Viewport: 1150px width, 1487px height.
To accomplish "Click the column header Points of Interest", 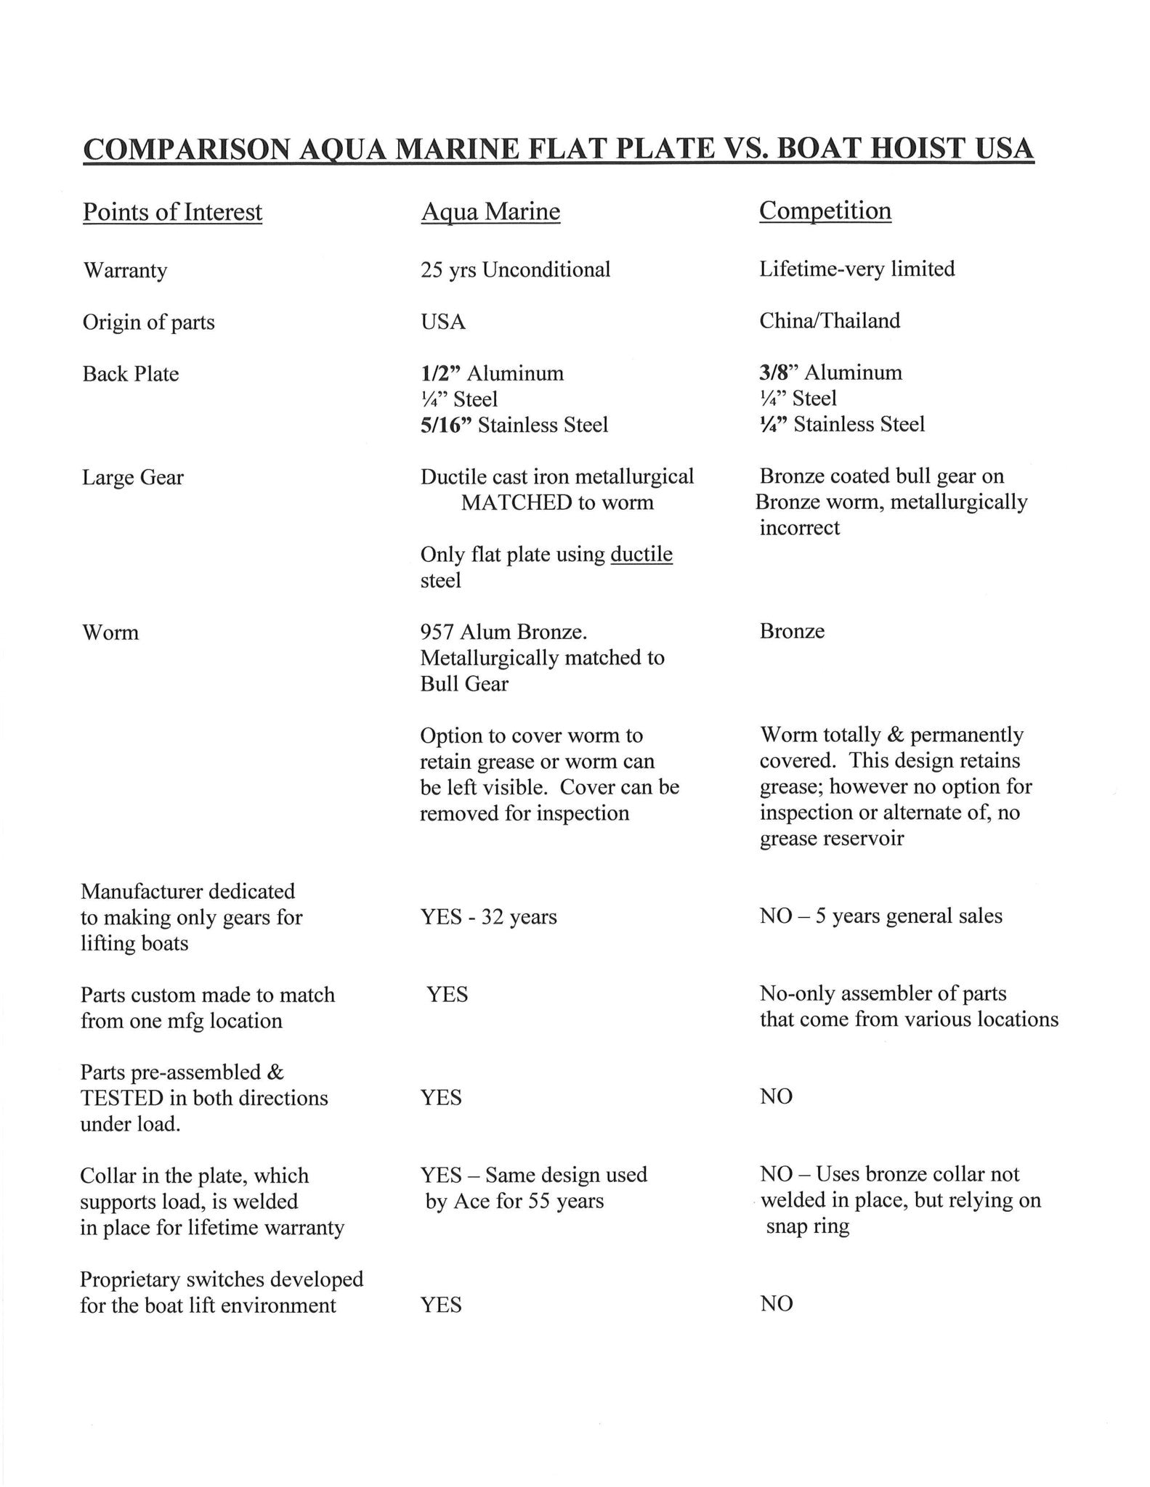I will [172, 212].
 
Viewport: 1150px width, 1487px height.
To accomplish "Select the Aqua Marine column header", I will [490, 211].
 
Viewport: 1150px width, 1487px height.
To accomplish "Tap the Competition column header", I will [825, 211].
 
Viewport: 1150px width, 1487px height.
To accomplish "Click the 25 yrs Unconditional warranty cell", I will [515, 270].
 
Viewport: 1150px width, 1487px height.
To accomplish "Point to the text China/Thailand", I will [830, 321].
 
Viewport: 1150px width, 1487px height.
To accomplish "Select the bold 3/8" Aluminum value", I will [830, 372].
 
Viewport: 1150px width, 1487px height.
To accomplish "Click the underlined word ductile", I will [641, 555].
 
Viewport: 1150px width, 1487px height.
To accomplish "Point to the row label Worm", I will [110, 632].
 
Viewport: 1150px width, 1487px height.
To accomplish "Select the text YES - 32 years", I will [488, 917].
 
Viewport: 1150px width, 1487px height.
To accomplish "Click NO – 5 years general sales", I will [880, 916].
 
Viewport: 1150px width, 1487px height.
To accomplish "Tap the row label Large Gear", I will [133, 478].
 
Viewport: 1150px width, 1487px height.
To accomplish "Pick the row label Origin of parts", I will [149, 322].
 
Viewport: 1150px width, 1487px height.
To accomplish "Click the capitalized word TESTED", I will [123, 1098].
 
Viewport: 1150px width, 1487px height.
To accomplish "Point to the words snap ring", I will [807, 1226].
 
